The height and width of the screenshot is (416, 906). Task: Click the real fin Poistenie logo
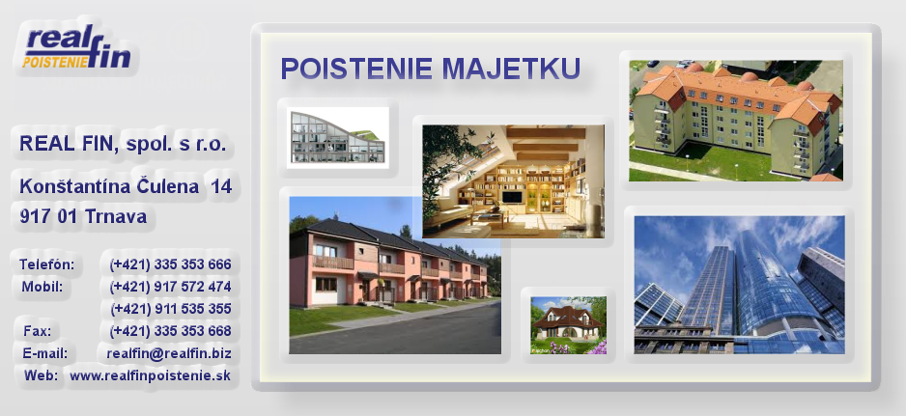77,48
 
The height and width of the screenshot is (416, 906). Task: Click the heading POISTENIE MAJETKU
431,69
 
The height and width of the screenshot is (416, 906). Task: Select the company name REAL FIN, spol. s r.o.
123,143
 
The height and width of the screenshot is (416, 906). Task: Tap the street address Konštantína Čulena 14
126,186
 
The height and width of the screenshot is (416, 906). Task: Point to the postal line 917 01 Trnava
83,216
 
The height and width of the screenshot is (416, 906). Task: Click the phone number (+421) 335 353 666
170,264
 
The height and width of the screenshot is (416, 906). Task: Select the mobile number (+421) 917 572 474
170,287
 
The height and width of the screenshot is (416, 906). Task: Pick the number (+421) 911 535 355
171,309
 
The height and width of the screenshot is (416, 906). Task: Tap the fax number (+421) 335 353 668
170,331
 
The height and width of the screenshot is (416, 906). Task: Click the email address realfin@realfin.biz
169,353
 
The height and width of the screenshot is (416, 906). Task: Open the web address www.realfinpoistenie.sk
151,375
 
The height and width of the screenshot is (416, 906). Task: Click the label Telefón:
46,264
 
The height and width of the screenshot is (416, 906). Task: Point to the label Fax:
37,331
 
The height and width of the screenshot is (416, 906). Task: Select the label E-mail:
45,353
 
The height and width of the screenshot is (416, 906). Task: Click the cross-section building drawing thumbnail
337,137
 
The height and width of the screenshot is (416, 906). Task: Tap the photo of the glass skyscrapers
739,285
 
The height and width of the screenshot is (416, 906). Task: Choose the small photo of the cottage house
569,324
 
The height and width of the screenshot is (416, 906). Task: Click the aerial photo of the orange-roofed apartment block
736,121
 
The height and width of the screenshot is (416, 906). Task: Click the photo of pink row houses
395,275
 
